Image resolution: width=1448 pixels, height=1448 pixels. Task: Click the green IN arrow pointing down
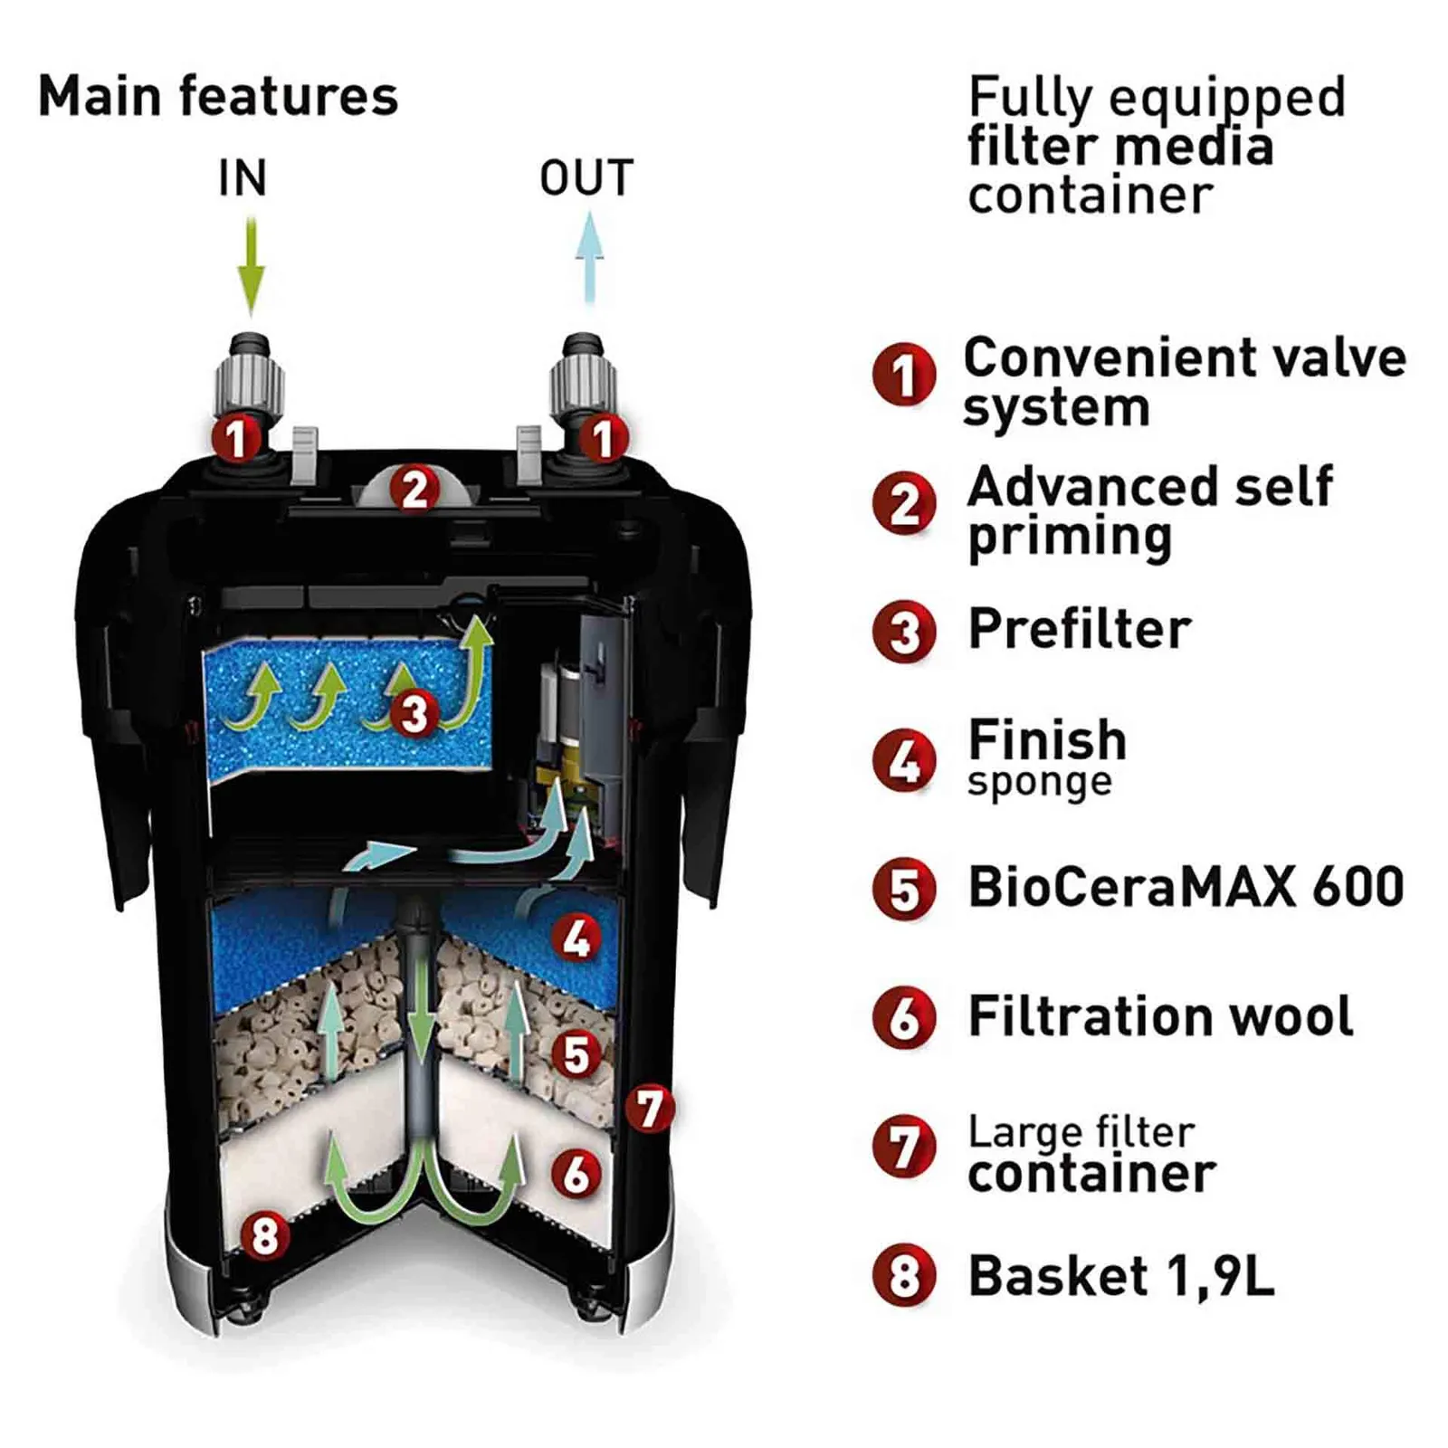[251, 265]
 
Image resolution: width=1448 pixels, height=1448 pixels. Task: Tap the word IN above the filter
[243, 178]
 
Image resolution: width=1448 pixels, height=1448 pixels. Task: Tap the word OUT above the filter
[586, 178]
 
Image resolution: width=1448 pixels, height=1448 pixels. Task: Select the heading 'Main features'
[218, 97]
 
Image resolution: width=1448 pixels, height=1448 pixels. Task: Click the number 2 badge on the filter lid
[414, 490]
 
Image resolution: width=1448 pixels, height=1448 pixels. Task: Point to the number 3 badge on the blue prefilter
[414, 712]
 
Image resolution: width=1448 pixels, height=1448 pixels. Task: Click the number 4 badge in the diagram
[576, 938]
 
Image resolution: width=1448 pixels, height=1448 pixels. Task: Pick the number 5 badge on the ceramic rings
[576, 1054]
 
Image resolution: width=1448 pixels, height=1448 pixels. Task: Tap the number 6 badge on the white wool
[576, 1174]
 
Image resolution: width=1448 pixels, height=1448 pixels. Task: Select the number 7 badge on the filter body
[650, 1109]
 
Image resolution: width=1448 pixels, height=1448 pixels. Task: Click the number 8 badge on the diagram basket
[264, 1235]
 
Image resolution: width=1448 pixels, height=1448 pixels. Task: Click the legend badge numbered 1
[903, 375]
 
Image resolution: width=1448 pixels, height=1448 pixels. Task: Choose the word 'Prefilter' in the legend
[1079, 629]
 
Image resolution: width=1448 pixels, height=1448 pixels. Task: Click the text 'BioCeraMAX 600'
[1186, 887]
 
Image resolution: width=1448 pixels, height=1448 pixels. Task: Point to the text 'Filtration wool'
[1160, 1016]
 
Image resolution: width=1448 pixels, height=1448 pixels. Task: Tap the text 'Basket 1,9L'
[1120, 1276]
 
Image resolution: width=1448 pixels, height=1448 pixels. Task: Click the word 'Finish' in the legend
[1047, 740]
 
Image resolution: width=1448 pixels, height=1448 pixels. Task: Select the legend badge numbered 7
[903, 1148]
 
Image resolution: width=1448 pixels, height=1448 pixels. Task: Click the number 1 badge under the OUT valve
[603, 439]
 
